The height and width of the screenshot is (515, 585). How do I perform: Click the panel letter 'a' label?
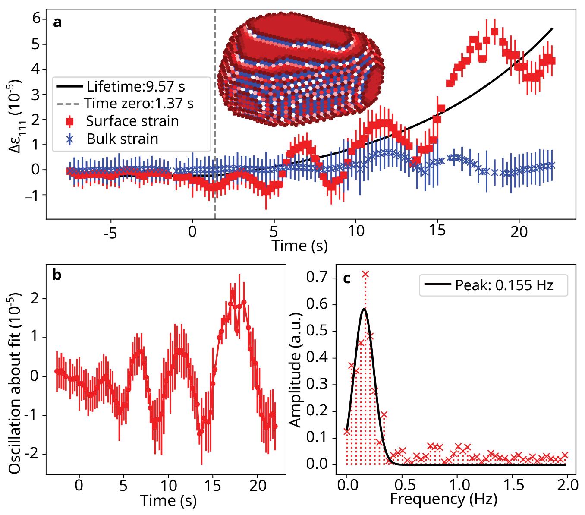click(57, 22)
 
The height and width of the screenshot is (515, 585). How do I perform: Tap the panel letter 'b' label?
click(57, 275)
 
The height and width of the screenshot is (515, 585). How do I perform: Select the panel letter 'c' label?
click(347, 278)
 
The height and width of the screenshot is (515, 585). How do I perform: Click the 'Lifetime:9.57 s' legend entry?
click(135, 86)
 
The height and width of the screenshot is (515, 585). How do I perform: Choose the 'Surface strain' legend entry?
click(132, 121)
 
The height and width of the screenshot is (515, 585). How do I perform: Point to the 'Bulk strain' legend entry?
click(122, 139)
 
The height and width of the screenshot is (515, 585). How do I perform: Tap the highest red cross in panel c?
click(365, 274)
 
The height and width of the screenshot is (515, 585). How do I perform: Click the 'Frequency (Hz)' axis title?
click(443, 499)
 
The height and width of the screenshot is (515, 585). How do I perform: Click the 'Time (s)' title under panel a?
click(299, 246)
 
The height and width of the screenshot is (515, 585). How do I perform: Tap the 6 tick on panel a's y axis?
click(36, 19)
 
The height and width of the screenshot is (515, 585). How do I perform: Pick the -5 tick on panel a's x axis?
click(110, 233)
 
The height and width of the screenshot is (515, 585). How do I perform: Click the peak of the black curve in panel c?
click(365, 309)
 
